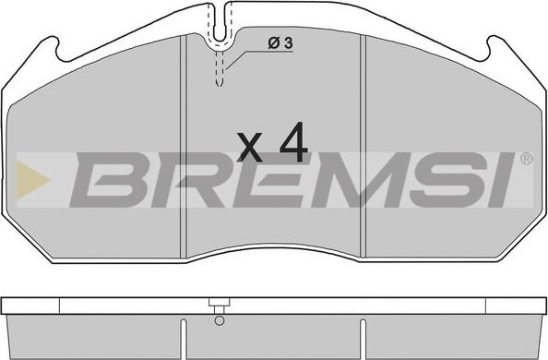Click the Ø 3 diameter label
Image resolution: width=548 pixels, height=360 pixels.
(280, 43)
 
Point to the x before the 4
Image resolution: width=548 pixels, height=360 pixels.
(249, 148)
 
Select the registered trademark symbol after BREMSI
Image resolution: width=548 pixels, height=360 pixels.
(527, 159)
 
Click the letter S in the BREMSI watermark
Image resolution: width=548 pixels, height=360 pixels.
(449, 180)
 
